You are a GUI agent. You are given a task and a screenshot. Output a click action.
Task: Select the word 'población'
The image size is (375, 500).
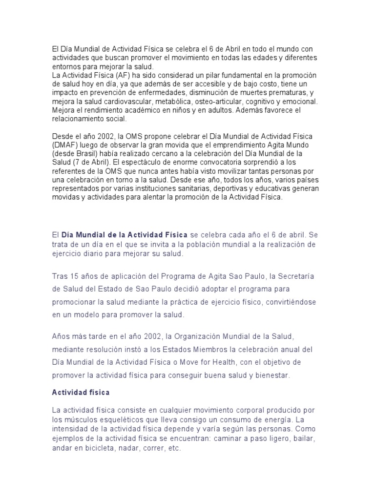(198, 244)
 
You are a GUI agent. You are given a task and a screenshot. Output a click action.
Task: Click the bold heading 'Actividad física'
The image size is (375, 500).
(81, 393)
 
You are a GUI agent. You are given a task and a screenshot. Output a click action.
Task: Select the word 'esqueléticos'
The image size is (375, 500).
(114, 420)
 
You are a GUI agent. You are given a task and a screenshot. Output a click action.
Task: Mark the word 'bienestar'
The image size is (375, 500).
(270, 375)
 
